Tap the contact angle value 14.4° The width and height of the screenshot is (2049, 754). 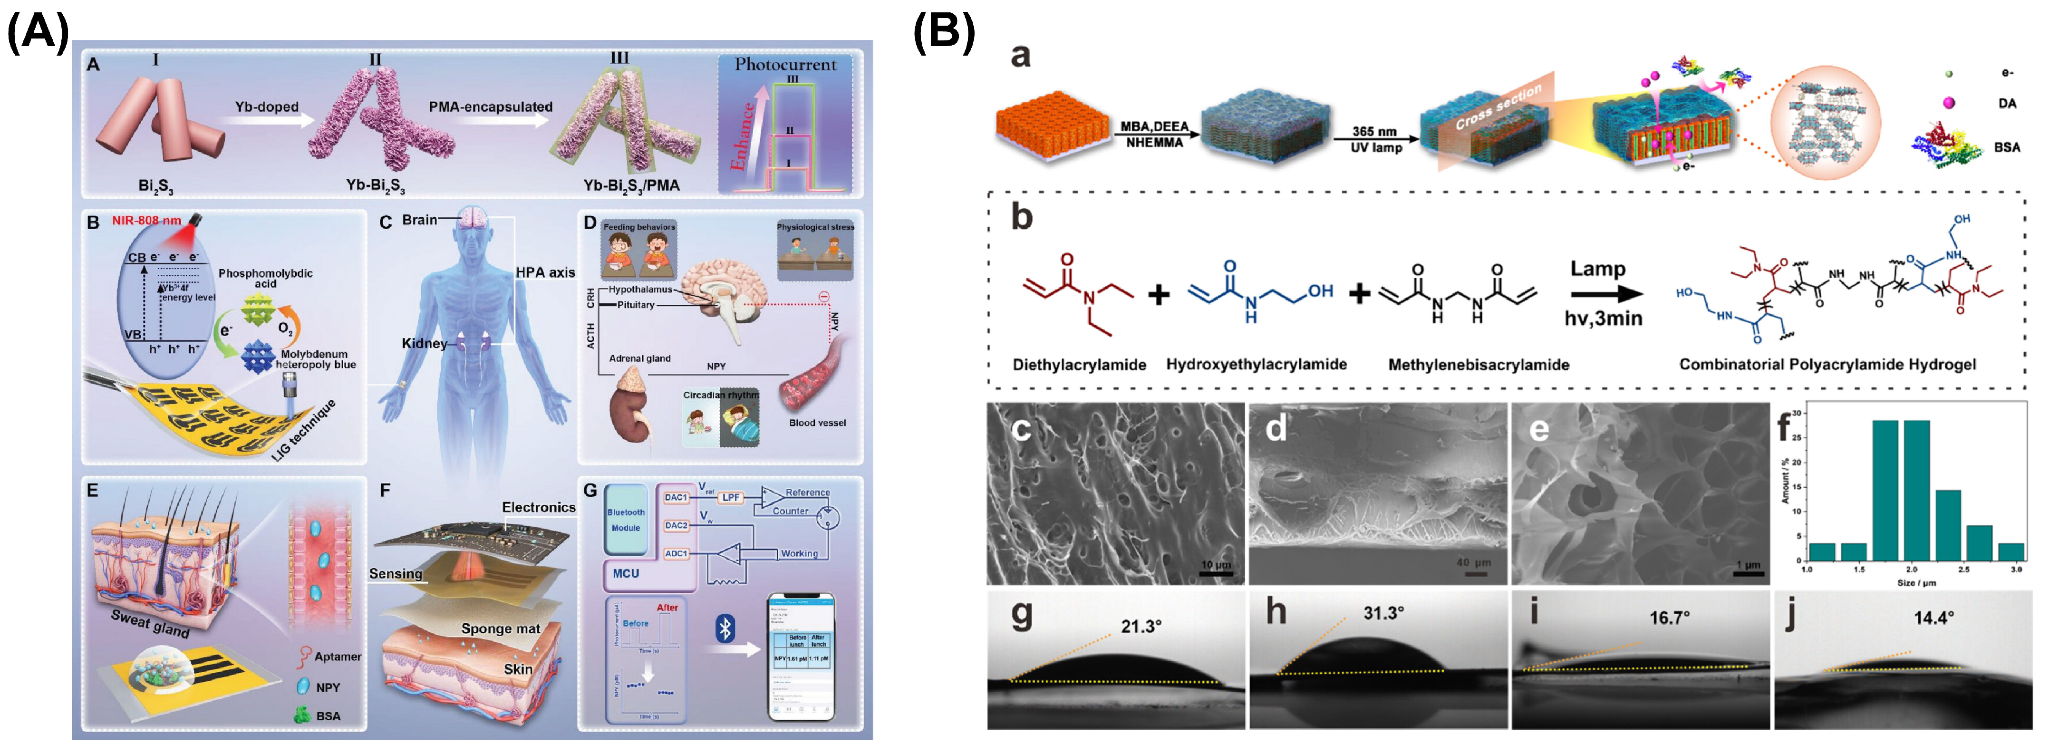1933,617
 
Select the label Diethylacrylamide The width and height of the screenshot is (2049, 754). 1079,365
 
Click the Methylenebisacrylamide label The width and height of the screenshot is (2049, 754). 1478,365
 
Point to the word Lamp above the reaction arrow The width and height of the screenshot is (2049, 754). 1597,269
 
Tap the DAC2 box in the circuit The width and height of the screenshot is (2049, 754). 676,526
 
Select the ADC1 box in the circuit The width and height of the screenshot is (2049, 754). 676,553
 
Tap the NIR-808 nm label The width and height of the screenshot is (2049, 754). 146,220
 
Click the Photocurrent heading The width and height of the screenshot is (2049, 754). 785,65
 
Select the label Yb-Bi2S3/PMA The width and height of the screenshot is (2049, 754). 631,186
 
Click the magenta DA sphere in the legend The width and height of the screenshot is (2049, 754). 1948,103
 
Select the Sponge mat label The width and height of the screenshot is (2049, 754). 500,628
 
